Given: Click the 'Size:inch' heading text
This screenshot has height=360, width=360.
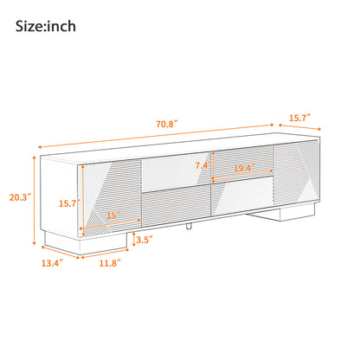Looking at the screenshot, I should [x=46, y=26].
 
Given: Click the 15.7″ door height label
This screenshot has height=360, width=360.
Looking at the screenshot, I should [x=68, y=203].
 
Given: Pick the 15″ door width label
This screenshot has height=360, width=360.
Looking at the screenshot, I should [x=112, y=215].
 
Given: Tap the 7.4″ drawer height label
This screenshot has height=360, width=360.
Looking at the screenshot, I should [x=202, y=165].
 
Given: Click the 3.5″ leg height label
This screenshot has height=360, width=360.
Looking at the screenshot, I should [x=144, y=241].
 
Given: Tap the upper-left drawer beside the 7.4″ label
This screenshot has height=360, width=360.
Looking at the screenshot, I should [x=173, y=166].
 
